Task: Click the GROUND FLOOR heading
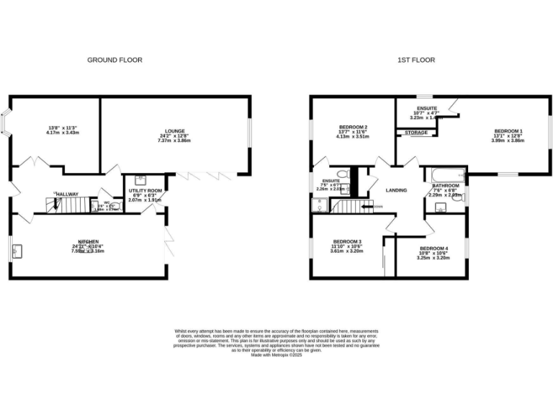pos(114,61)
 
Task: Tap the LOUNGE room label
pos(174,131)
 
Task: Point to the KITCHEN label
pos(89,241)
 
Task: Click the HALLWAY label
pos(66,194)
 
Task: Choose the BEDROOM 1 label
pos(508,131)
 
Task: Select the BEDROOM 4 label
pos(433,248)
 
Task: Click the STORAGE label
pos(415,133)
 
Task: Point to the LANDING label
pos(397,190)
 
